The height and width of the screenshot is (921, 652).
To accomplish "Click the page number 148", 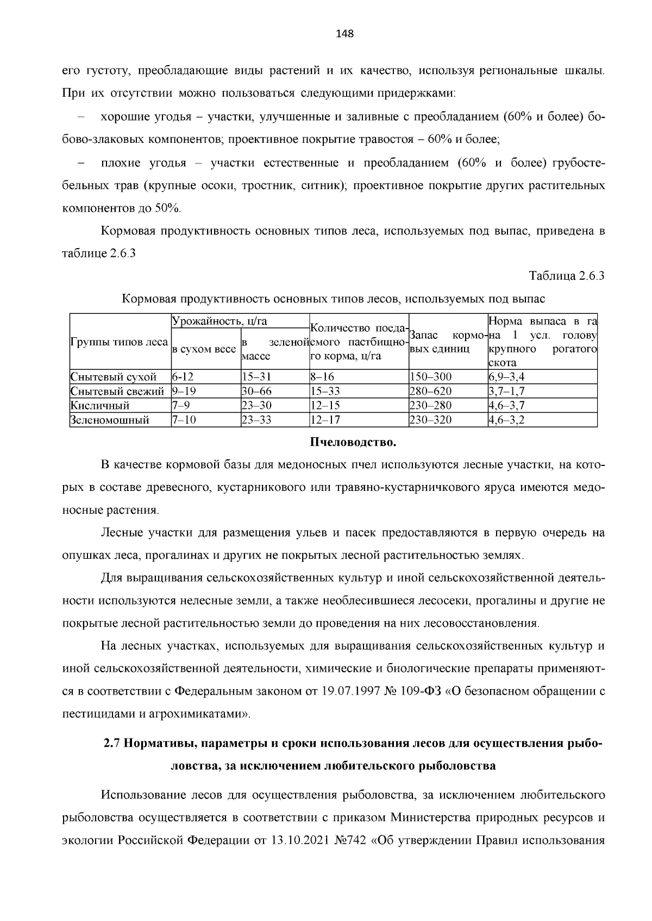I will [x=344, y=34].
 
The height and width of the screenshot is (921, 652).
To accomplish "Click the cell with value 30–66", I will [x=256, y=392].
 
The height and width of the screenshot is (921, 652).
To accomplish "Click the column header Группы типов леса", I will [x=119, y=343].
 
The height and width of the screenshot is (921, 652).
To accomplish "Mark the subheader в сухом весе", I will [x=204, y=349].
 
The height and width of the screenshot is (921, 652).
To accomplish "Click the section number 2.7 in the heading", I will [x=112, y=743].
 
